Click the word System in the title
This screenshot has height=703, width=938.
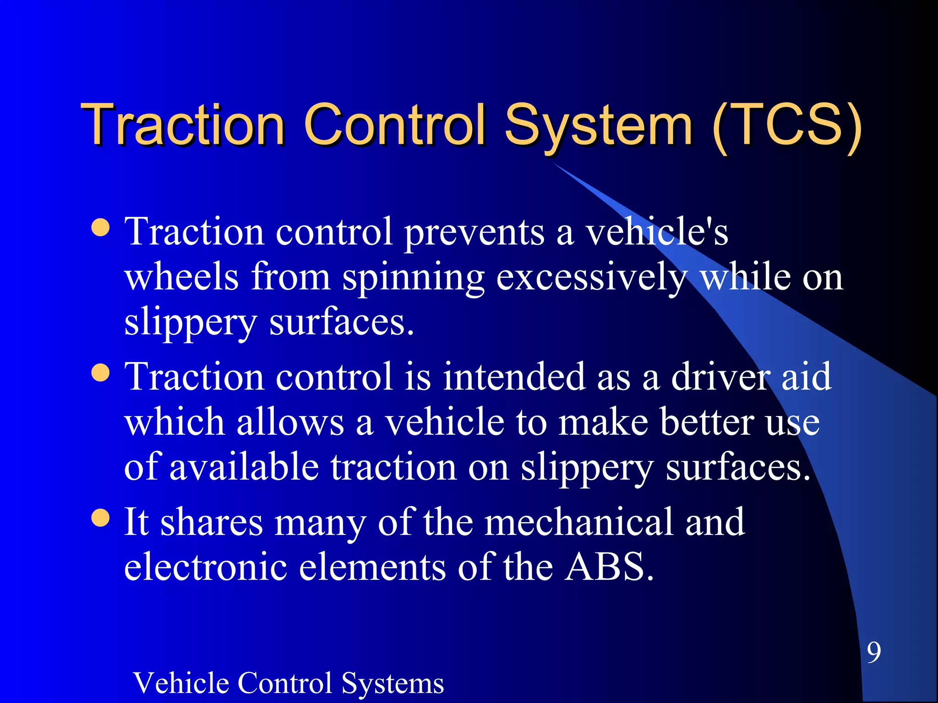[598, 124]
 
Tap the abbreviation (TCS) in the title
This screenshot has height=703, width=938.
[787, 124]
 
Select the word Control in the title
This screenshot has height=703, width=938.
[394, 124]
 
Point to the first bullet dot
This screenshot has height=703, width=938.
[100, 227]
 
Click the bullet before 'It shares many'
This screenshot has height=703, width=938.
[100, 518]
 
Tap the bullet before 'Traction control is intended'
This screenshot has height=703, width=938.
[100, 373]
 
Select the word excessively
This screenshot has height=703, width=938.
[592, 277]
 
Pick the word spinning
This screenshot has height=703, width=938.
[413, 277]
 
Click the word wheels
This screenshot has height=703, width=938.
[182, 277]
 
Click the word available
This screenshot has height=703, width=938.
[244, 467]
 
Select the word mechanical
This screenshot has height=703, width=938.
[579, 522]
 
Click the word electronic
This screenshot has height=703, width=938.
[206, 567]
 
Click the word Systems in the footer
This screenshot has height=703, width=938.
[393, 683]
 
